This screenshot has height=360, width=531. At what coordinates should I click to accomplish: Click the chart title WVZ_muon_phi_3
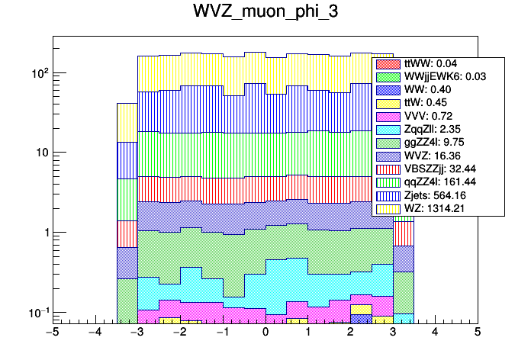tap(265, 14)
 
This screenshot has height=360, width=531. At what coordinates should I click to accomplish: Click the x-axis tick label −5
tap(52, 333)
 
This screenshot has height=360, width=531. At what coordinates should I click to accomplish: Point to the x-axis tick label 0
tap(265, 333)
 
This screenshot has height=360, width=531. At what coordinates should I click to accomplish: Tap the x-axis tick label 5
tap(478, 333)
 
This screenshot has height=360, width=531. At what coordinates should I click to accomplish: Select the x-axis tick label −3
tap(137, 333)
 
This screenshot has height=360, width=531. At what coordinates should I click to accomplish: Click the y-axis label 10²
tap(37, 73)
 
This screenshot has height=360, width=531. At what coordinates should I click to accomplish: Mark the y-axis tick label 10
tap(39, 153)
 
